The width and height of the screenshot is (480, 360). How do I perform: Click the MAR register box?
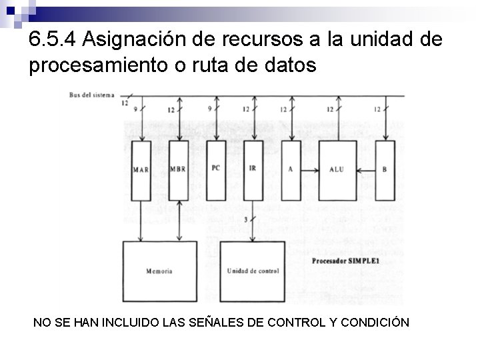pyautogui.click(x=141, y=170)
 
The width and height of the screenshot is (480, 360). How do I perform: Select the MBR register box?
pyautogui.click(x=178, y=170)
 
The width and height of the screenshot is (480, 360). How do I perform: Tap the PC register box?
pyautogui.click(x=215, y=170)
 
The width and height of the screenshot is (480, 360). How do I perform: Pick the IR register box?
pyautogui.click(x=252, y=170)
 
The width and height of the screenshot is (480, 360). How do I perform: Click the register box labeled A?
pyautogui.click(x=291, y=170)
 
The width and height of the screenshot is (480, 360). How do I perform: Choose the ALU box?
pyautogui.click(x=337, y=170)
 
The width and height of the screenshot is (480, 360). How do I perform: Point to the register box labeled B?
pyautogui.click(x=384, y=170)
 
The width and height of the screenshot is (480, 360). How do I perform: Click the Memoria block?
pyautogui.click(x=160, y=271)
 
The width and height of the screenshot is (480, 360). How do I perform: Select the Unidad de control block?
pyautogui.click(x=253, y=271)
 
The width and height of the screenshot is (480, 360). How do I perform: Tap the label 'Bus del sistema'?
pyautogui.click(x=91, y=94)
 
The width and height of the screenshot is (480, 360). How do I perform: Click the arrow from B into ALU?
pyautogui.click(x=365, y=170)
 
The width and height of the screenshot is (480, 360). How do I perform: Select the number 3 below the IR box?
pyautogui.click(x=246, y=219)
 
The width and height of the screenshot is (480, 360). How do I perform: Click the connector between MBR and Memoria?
pyautogui.click(x=178, y=220)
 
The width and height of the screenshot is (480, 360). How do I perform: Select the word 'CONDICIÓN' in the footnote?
pyautogui.click(x=375, y=323)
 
